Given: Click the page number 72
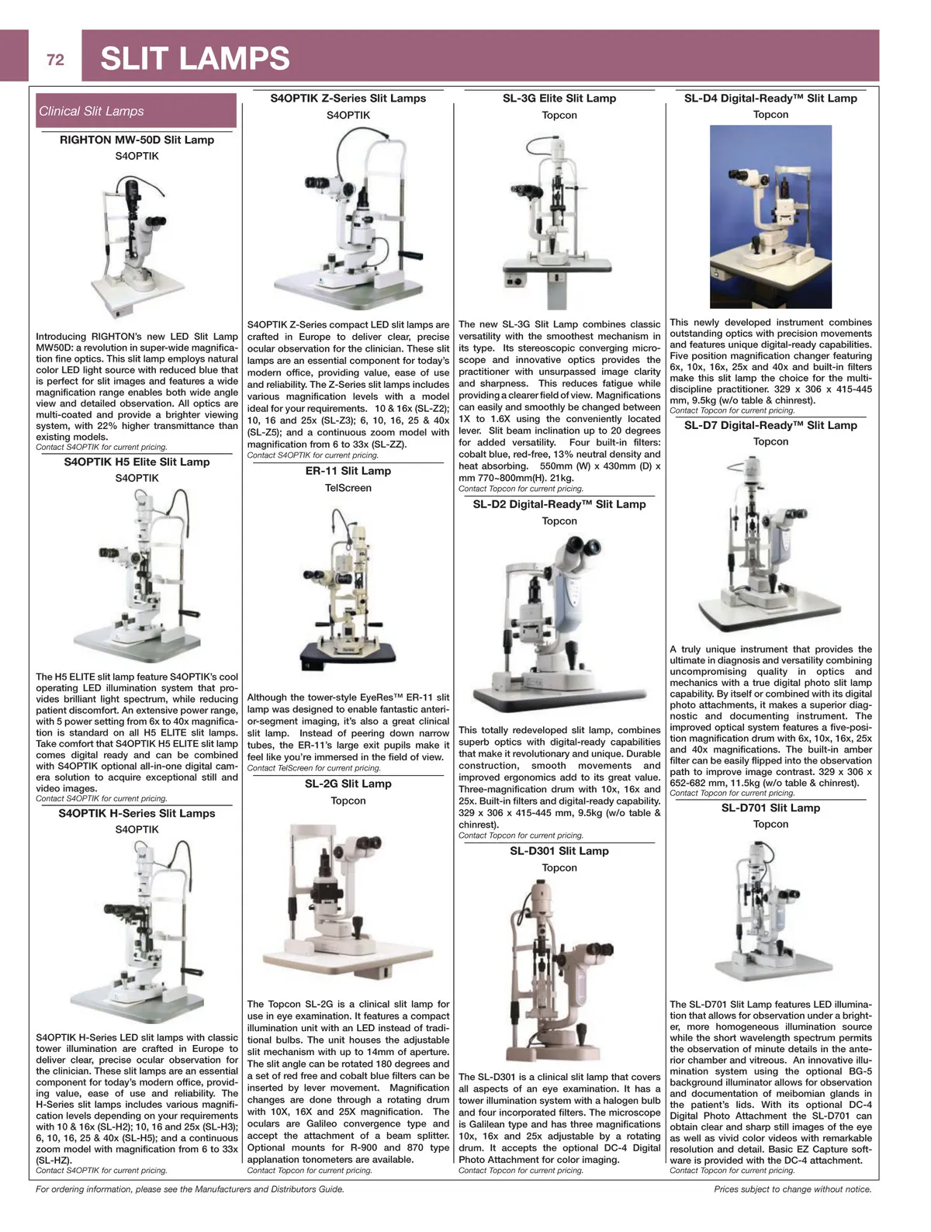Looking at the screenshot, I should pos(55,60).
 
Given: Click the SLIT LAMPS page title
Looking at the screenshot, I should pos(195,59).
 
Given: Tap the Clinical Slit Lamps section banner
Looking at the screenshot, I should pos(136,111).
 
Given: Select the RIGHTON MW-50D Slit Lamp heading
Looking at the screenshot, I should pos(137,140).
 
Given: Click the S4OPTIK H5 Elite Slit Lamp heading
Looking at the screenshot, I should pos(137,462).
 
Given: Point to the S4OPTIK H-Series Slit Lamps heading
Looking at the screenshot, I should pos(137,813).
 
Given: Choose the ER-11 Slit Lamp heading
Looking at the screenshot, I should pos(348,471).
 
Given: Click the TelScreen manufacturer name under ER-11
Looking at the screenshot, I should pos(348,488).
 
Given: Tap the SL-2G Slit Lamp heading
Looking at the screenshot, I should pos(348,784).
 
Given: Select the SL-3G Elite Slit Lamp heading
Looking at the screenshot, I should pos(559,99).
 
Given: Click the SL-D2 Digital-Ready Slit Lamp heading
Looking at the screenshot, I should pos(559,504).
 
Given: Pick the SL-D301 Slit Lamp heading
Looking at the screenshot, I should pos(559,851).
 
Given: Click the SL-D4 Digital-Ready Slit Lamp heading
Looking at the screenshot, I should pos(770,99).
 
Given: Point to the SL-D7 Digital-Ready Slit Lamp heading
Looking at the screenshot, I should pos(770,425).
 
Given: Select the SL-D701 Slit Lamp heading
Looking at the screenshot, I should pos(770,808).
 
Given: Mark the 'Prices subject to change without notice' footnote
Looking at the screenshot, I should pos(792,1189).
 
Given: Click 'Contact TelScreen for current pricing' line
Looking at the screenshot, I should pos(313,768).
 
